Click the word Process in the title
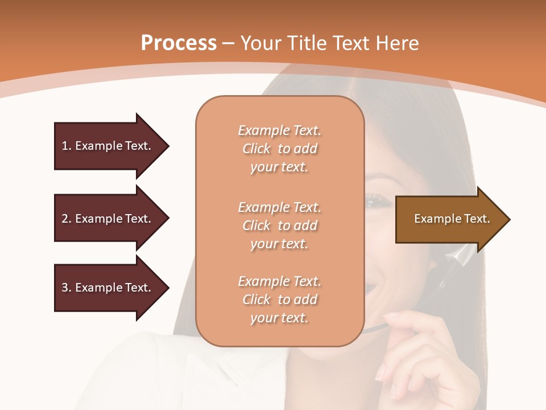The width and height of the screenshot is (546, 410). click(x=179, y=43)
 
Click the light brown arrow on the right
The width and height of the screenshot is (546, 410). click(x=449, y=219)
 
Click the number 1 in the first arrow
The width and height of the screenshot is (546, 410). click(x=65, y=146)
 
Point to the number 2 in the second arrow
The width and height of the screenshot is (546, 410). click(x=65, y=219)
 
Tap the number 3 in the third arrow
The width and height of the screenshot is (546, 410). click(x=65, y=288)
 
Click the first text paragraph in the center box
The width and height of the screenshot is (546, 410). click(x=279, y=149)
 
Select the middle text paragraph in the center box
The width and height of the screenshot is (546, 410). click(x=279, y=225)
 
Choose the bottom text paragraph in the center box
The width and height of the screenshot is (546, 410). click(x=279, y=300)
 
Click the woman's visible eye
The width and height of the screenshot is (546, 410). click(x=377, y=200)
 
